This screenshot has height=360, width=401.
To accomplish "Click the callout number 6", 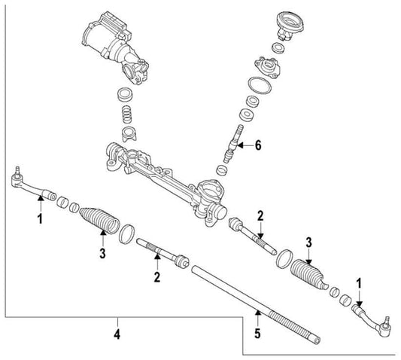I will click(x=259, y=145).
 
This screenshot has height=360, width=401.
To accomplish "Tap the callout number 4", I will click(x=117, y=331).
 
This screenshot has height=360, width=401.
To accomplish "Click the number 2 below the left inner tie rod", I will click(x=157, y=277).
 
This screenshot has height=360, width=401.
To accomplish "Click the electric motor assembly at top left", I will click(x=109, y=42).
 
